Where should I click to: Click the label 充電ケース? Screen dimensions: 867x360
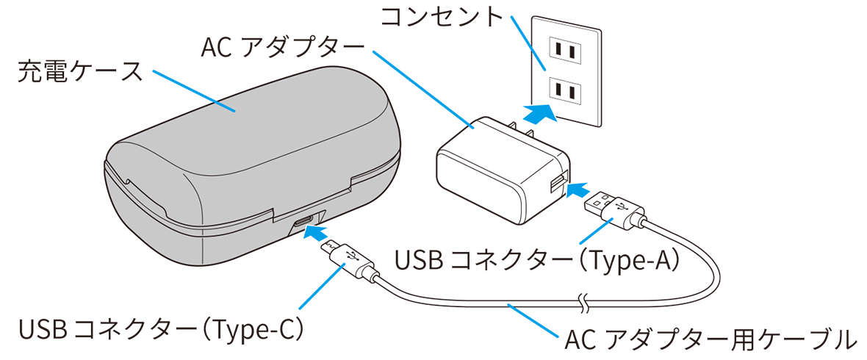[79, 73]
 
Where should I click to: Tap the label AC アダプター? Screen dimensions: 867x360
[283, 49]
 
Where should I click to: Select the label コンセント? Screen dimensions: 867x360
[442, 17]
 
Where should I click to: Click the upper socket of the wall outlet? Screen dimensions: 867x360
[566, 50]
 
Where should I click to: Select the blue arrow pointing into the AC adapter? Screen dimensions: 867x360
[578, 190]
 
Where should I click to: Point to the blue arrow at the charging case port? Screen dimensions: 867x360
[313, 233]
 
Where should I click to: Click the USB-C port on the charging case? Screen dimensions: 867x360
[303, 221]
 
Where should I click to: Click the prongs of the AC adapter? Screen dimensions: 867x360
[522, 131]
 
